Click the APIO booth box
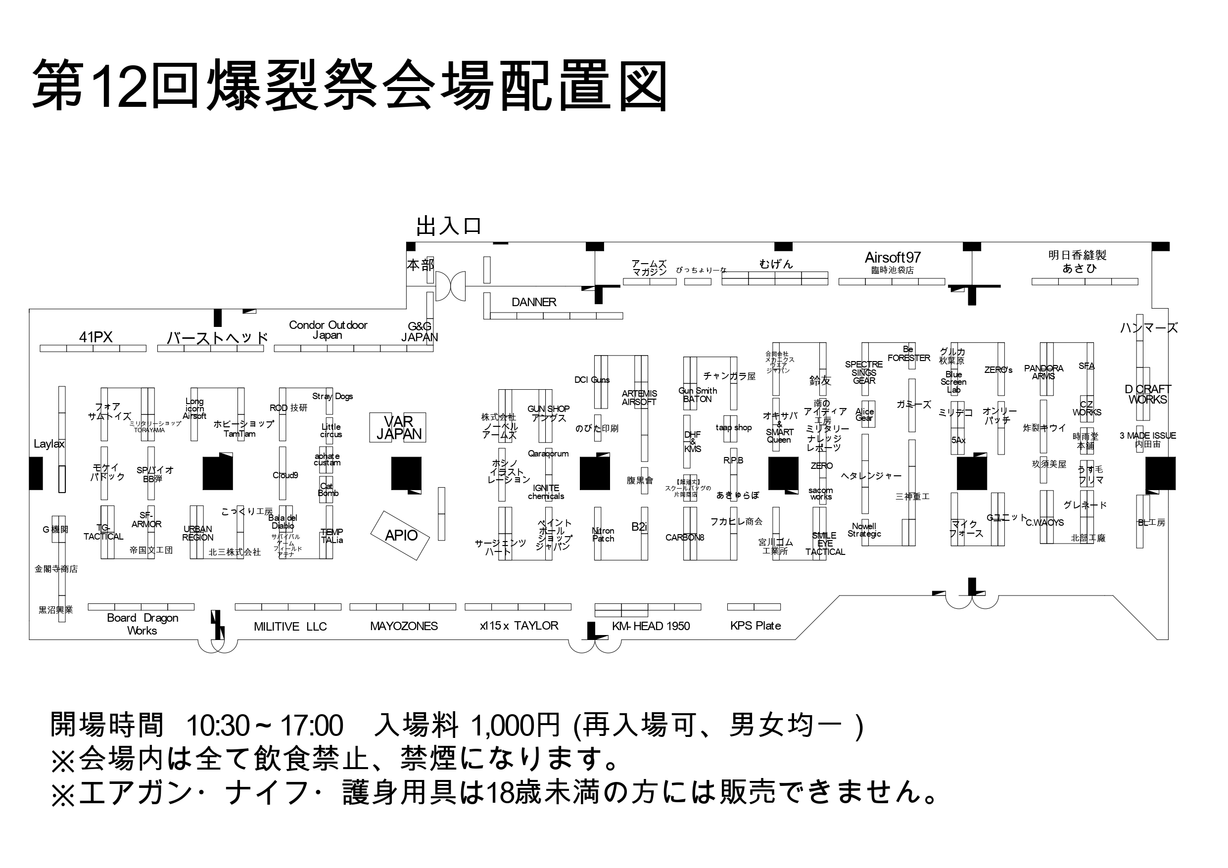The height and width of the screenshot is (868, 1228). [401, 535]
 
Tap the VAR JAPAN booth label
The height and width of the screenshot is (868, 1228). [398, 428]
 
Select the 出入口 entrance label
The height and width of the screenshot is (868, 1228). [449, 227]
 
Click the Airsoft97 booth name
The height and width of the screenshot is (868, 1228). [893, 258]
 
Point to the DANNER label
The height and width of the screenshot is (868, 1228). [534, 302]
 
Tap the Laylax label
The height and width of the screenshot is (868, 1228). [48, 444]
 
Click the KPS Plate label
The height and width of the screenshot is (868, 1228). [755, 626]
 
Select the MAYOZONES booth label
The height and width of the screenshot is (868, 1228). [404, 626]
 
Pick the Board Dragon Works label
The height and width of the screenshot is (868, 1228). [142, 624]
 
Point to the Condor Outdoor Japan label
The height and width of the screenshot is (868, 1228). [328, 330]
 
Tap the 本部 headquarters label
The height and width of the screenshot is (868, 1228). [421, 265]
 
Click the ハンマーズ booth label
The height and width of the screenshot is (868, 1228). [1149, 328]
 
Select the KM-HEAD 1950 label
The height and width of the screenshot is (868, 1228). [651, 626]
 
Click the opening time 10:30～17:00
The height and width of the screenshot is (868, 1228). [264, 726]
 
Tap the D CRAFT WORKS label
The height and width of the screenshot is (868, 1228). [1148, 394]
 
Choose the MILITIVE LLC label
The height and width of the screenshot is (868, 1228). [290, 627]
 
